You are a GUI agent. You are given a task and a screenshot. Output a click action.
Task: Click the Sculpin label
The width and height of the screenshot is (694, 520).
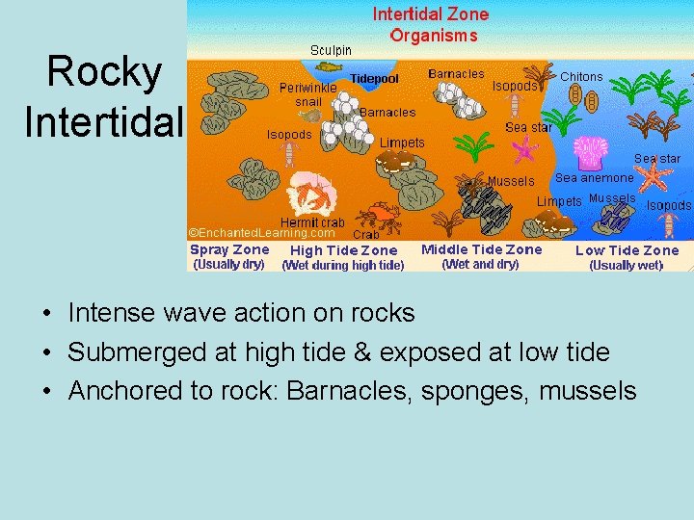tap(331, 49)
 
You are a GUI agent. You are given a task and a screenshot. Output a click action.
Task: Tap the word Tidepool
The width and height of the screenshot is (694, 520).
tap(374, 78)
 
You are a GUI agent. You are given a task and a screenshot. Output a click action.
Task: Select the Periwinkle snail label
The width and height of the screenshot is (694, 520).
tap(308, 93)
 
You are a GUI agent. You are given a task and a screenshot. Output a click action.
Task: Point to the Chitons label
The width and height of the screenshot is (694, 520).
tap(581, 77)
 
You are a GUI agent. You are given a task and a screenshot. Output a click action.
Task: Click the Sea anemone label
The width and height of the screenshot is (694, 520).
tap(594, 177)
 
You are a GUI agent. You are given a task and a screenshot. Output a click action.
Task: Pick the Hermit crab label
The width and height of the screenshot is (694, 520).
tap(312, 222)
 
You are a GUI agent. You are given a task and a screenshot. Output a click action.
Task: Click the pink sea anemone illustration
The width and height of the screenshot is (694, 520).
tap(590, 152)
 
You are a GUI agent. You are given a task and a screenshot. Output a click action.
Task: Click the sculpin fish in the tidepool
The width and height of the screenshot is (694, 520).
tap(329, 66)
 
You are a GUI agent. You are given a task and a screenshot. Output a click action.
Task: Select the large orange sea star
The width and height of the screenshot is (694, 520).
tap(654, 175)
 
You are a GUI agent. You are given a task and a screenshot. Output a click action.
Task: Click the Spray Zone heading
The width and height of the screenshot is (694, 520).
tap(229, 249)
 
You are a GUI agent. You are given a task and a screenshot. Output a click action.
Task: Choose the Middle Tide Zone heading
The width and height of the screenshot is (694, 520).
tap(482, 249)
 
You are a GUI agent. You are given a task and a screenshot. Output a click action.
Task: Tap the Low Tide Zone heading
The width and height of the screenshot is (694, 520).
tap(627, 250)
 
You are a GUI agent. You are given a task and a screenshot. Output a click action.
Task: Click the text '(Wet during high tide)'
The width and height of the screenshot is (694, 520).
tap(342, 266)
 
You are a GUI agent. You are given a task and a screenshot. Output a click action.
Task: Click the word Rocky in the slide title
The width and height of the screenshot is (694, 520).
tap(104, 71)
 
